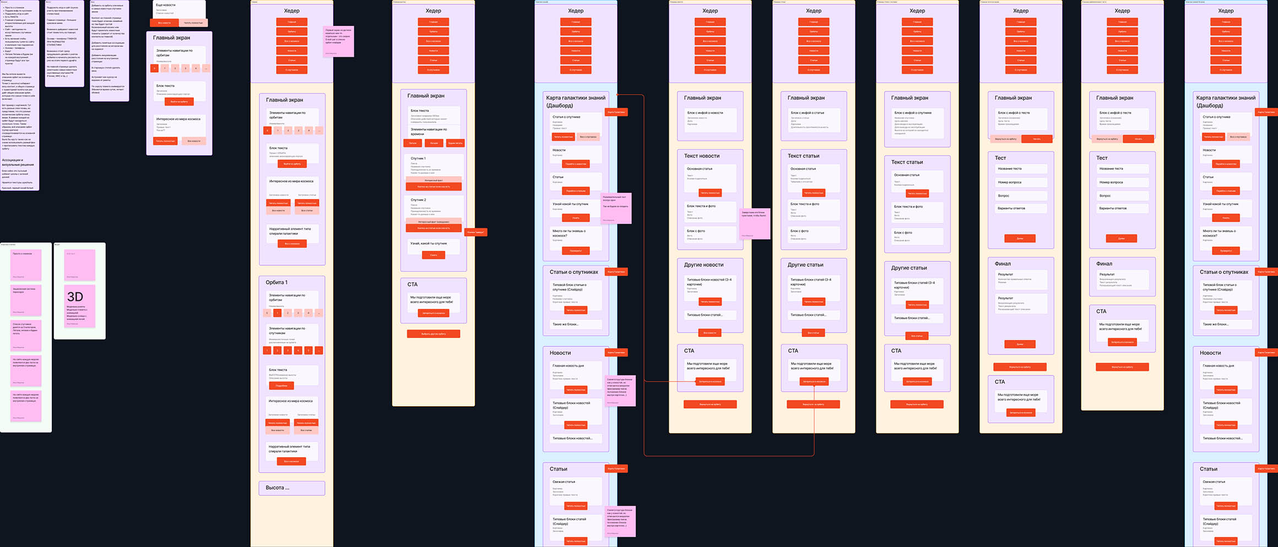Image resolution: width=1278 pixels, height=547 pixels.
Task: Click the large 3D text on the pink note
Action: (75, 297)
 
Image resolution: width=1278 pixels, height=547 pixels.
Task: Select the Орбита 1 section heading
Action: (277, 282)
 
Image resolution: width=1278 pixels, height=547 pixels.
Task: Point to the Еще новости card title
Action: (165, 5)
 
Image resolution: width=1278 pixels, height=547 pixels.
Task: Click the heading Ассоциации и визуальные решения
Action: (18, 162)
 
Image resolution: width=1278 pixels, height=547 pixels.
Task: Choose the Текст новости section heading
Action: (701, 156)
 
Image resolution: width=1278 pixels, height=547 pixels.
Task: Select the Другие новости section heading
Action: (703, 265)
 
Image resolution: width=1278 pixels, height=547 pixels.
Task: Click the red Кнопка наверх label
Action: (476, 232)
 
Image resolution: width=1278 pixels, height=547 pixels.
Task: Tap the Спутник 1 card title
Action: (418, 158)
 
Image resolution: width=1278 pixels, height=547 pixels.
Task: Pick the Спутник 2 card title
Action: (418, 200)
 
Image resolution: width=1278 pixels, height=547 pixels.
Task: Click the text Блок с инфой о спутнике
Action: (913, 112)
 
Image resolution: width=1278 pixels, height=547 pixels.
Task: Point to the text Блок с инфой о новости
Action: (705, 112)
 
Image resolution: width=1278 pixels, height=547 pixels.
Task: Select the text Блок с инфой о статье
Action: (808, 112)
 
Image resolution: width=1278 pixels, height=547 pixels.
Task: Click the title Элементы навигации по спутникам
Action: (287, 330)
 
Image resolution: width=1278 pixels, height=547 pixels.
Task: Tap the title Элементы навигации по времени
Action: (429, 131)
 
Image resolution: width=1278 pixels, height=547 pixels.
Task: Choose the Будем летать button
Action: (455, 143)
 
